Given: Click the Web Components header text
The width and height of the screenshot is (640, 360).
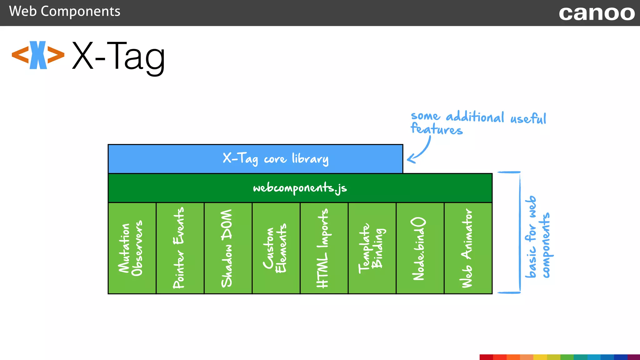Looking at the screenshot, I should pyautogui.click(x=64, y=12).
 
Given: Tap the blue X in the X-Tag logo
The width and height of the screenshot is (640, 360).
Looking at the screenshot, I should pyautogui.click(x=38, y=55).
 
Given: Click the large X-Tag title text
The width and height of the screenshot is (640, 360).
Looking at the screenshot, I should pyautogui.click(x=118, y=56).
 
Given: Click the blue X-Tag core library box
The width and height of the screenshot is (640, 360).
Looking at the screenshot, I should pyautogui.click(x=255, y=159).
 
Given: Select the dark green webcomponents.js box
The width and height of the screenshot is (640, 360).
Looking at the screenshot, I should pyautogui.click(x=300, y=188).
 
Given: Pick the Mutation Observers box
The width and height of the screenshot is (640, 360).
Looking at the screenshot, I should pyautogui.click(x=132, y=248).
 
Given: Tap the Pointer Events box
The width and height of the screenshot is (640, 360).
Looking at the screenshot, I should pyautogui.click(x=180, y=248).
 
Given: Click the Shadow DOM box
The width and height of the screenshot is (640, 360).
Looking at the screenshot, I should pyautogui.click(x=228, y=248).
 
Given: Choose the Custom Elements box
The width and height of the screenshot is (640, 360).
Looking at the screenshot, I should pyautogui.click(x=276, y=248).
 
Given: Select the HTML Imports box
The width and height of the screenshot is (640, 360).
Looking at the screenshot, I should pyautogui.click(x=324, y=248).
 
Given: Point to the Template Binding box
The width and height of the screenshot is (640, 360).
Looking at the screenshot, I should pyautogui.click(x=372, y=248).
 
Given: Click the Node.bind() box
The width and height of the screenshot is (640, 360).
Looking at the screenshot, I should pyautogui.click(x=420, y=248).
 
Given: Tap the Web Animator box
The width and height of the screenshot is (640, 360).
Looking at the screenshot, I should pyautogui.click(x=468, y=248).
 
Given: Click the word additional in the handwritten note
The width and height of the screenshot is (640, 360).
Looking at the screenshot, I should pyautogui.click(x=475, y=117).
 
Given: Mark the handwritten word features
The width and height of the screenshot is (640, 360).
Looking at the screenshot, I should pyautogui.click(x=436, y=129).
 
